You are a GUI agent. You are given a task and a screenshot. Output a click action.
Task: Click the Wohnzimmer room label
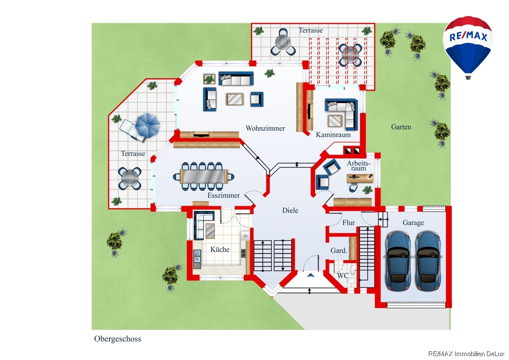point(265,128)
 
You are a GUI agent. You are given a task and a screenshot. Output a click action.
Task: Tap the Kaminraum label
point(333,135)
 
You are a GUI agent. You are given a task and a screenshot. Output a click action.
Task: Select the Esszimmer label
point(224,196)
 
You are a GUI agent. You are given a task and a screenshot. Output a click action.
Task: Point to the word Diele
point(291,210)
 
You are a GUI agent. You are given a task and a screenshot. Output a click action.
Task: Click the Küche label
point(220,250)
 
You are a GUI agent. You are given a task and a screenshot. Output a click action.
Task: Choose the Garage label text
point(413,223)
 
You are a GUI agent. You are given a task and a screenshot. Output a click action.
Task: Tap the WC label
point(343,276)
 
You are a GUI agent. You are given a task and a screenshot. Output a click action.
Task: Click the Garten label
point(401,127)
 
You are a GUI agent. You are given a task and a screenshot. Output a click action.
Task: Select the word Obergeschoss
point(117,339)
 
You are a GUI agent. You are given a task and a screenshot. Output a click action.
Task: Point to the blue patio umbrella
point(147,124)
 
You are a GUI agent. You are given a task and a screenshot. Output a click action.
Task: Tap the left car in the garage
point(398,260)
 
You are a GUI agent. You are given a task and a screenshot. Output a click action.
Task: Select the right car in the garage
point(428,260)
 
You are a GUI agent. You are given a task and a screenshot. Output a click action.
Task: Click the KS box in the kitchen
point(245,235)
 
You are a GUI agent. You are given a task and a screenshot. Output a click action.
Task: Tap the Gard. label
point(339,251)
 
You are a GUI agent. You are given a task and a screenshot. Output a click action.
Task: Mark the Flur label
point(348,223)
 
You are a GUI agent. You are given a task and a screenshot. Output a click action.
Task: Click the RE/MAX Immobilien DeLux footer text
point(465,354)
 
